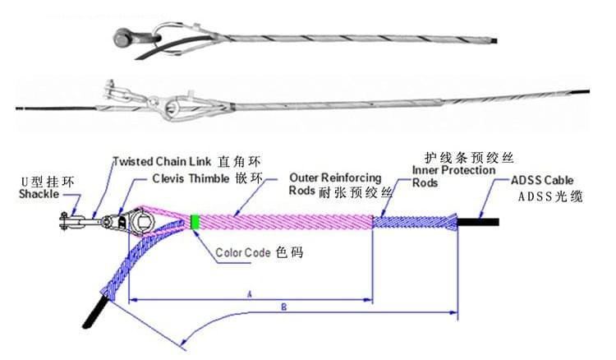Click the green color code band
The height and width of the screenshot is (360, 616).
click(x=195, y=222)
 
